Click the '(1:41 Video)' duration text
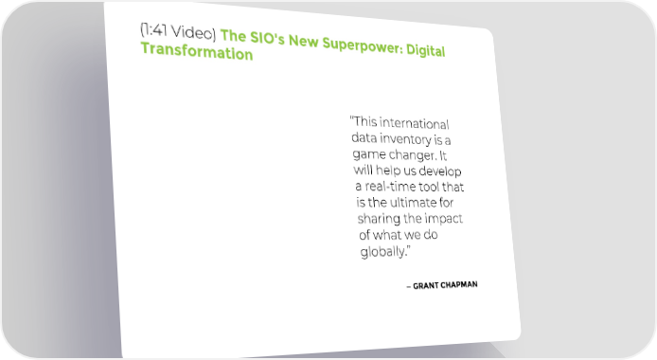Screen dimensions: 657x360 pyautogui.click(x=178, y=31)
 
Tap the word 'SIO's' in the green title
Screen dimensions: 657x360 pyautogui.click(x=267, y=38)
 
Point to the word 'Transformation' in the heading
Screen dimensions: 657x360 pyautogui.click(x=197, y=51)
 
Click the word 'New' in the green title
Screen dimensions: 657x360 pyautogui.click(x=303, y=41)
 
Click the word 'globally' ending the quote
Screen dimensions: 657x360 pyautogui.click(x=383, y=251)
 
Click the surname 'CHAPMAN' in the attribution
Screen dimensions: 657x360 pyautogui.click(x=459, y=285)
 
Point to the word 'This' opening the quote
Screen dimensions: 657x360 pyautogui.click(x=365, y=121)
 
